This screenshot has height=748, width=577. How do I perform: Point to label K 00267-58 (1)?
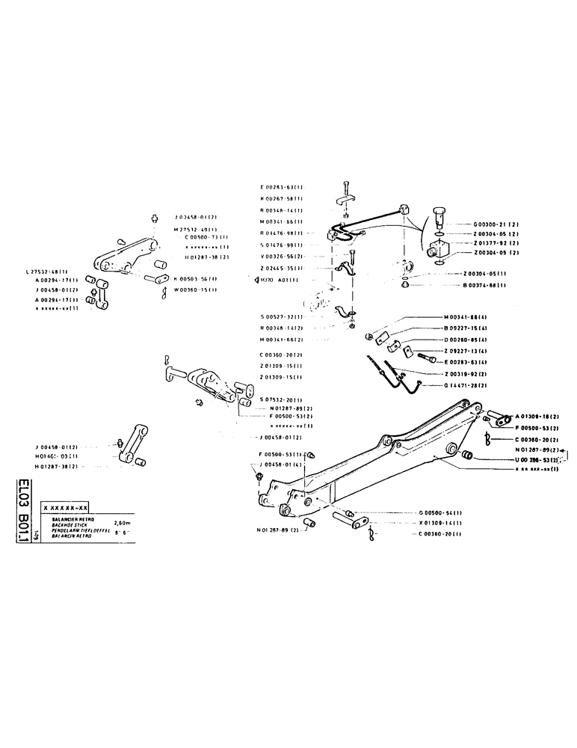pyautogui.click(x=281, y=199)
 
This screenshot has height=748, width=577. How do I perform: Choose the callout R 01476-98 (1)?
pyautogui.click(x=281, y=233)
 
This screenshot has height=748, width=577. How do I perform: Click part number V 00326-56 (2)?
pyautogui.click(x=281, y=256)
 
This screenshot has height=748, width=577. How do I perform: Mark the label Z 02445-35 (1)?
pyautogui.click(x=281, y=268)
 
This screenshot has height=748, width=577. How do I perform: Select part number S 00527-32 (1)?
pyautogui.click(x=281, y=317)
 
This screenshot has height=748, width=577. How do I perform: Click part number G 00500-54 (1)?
pyautogui.click(x=440, y=512)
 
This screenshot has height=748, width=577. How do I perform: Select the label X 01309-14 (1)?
pyautogui.click(x=440, y=523)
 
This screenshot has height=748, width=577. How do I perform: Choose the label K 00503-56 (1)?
pyautogui.click(x=195, y=278)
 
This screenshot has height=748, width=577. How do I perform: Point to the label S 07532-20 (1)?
pyautogui.click(x=281, y=399)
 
